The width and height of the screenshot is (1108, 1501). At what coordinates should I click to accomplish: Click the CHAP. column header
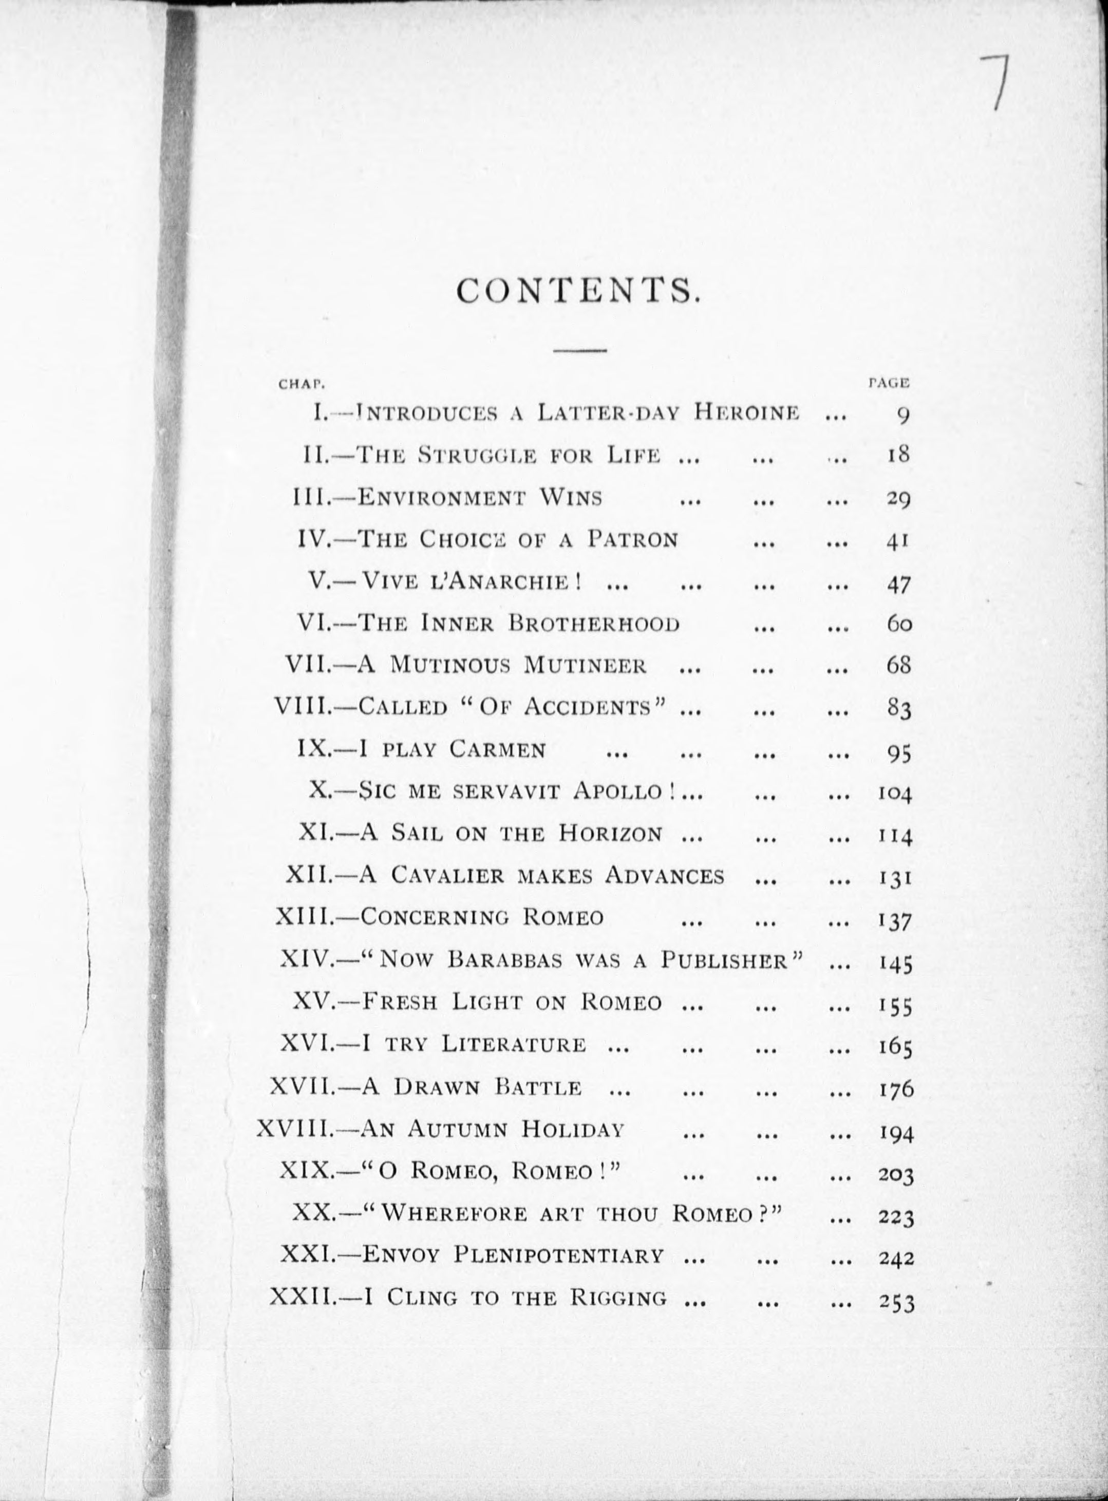[302, 385]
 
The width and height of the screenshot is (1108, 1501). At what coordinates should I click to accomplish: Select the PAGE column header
[888, 384]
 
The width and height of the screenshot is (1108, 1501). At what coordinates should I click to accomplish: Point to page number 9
[903, 416]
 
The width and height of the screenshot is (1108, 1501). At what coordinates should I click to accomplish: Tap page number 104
[895, 794]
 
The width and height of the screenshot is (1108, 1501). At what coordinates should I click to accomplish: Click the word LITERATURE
[513, 1045]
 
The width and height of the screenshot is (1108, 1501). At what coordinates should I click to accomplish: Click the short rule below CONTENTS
[579, 350]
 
